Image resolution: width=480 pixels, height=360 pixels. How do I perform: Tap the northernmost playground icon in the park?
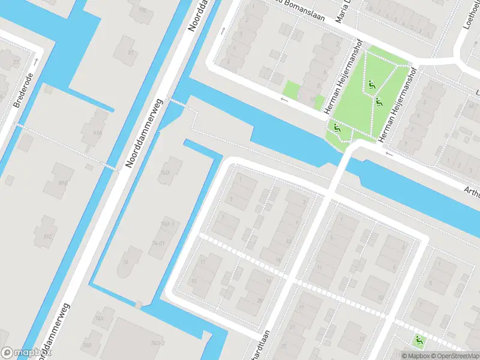click(x=372, y=85)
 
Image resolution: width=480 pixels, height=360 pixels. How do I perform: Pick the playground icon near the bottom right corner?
click(x=419, y=341)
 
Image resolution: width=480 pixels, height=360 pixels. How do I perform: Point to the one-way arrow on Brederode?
click(x=37, y=61)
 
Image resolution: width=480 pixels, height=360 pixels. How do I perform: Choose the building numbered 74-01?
click(x=158, y=244)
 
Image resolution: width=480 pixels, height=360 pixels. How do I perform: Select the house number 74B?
click(x=88, y=346)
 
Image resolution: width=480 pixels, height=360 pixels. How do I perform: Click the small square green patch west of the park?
click(x=291, y=90)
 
